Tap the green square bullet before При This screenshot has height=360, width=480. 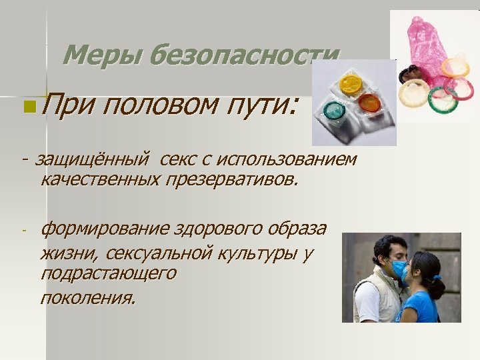pyautogui.click(x=25, y=105)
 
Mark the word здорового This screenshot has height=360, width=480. pyautogui.click(x=222, y=230)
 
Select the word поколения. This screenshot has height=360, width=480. pyautogui.click(x=87, y=297)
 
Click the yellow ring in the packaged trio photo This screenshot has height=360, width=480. pyautogui.click(x=350, y=84)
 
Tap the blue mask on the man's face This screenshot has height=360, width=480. pyautogui.click(x=398, y=269)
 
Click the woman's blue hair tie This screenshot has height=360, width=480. pyautogui.click(x=437, y=277)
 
